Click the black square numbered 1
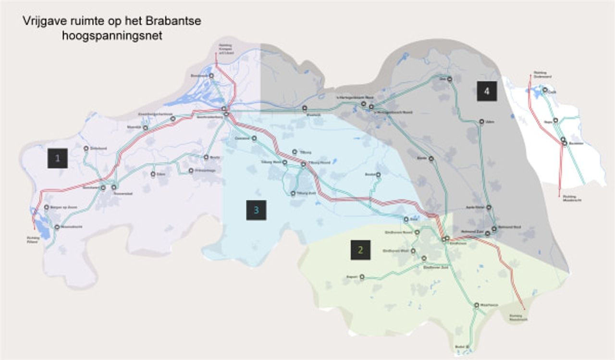pyautogui.click(x=58, y=158)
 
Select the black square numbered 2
pyautogui.click(x=360, y=250)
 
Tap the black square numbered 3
pyautogui.click(x=256, y=210)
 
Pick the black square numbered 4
pyautogui.click(x=487, y=91)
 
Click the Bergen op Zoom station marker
pyautogui.click(x=47, y=207)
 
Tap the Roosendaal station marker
pyautogui.click(x=114, y=187)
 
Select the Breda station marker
pyautogui.click(x=206, y=157)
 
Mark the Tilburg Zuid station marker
pyautogui.click(x=293, y=193)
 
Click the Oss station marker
pyautogui.click(x=449, y=79)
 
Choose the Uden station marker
pyautogui.click(x=481, y=122)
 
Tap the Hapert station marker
pyautogui.click(x=362, y=277)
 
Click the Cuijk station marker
pyautogui.click(x=545, y=90)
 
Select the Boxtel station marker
pyautogui.click(x=378, y=174)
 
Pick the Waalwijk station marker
pyautogui.click(x=305, y=108)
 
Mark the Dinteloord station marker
pyautogui.click(x=86, y=149)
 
